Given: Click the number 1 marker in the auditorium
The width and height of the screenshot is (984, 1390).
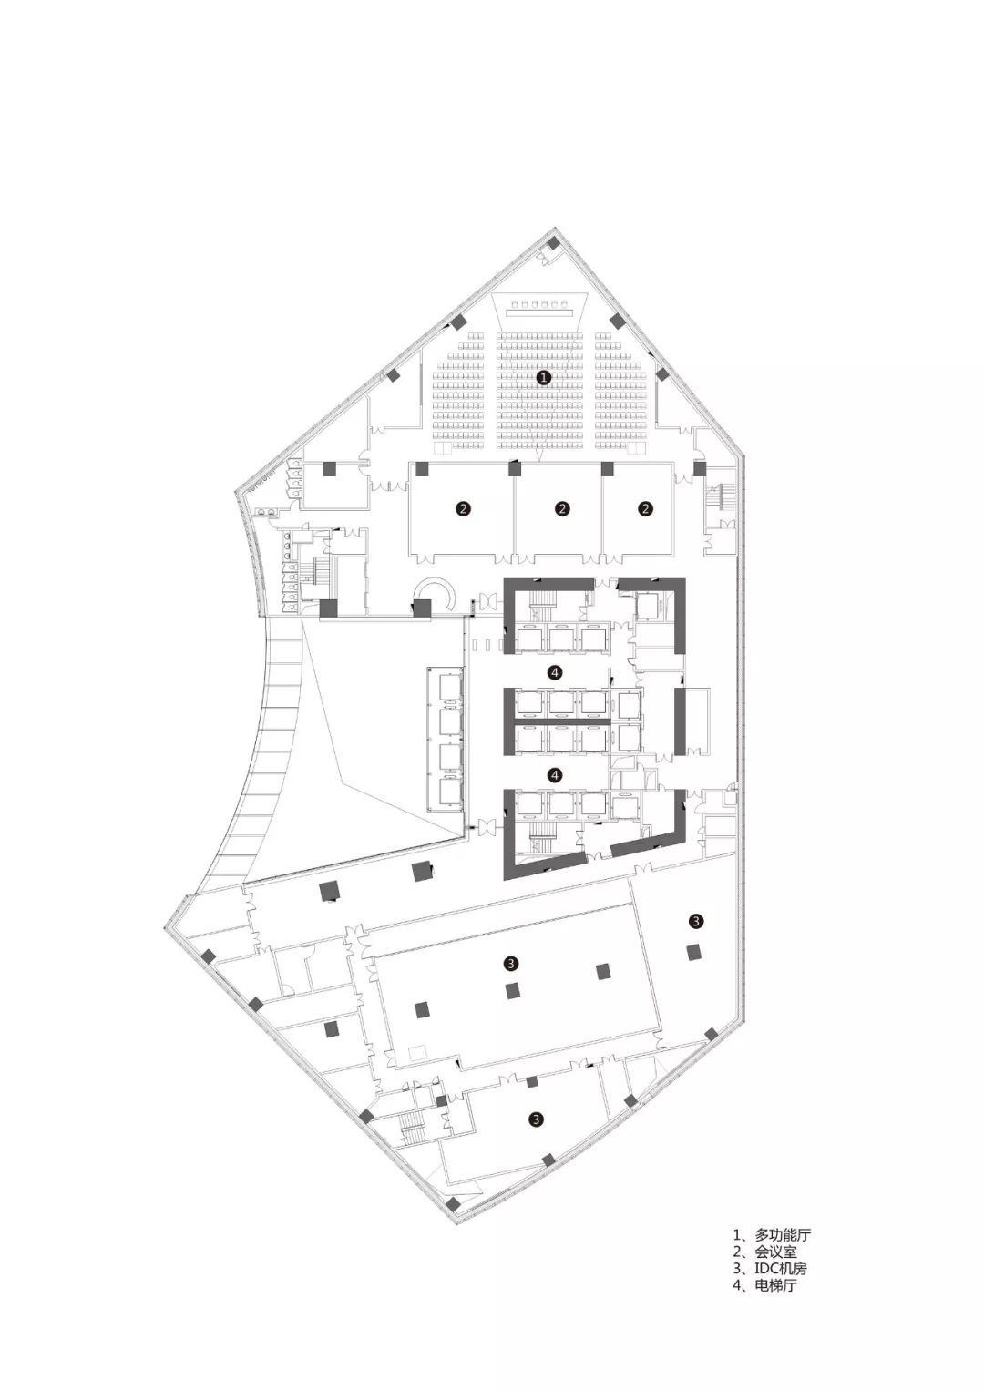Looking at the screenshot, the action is click(x=544, y=377).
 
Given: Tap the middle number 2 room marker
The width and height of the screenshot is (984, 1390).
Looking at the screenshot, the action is click(x=562, y=509).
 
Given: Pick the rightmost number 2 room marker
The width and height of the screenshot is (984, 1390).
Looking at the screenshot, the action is click(x=646, y=509).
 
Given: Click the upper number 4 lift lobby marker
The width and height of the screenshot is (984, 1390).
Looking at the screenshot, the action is click(x=556, y=671).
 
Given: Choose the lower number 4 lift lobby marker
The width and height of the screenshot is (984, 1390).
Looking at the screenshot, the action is click(x=556, y=774).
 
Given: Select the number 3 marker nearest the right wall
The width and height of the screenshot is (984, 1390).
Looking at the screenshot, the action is click(x=697, y=921).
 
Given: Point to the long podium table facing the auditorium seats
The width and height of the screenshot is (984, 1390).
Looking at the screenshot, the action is click(x=538, y=314).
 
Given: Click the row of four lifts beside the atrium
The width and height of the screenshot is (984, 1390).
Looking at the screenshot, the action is click(x=446, y=739).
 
